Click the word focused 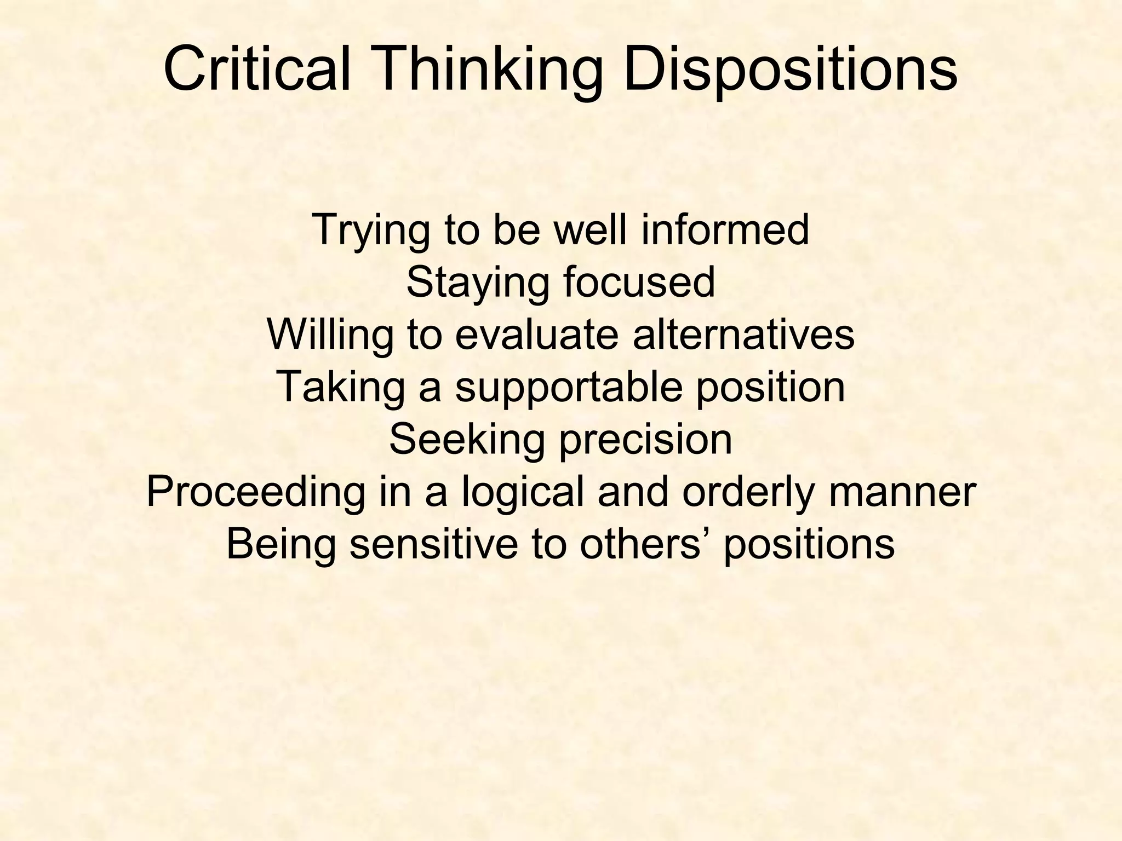point(639,282)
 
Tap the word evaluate point(537,335)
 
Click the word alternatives point(743,335)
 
